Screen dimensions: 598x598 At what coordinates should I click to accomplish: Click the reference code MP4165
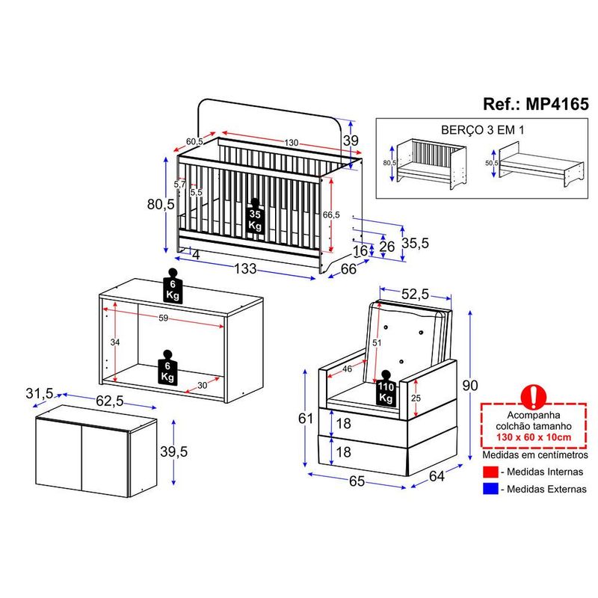coord(557,104)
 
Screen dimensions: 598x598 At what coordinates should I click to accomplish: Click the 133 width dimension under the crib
coord(245,268)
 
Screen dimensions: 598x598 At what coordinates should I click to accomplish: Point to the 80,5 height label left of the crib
coord(161,204)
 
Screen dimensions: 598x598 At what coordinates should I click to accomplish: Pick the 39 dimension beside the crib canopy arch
coord(351,141)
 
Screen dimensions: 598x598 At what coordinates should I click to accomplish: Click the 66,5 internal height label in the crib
coord(331,215)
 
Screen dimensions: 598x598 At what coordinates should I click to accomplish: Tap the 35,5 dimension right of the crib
coord(415,243)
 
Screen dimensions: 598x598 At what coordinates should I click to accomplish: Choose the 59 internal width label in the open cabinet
coord(163,318)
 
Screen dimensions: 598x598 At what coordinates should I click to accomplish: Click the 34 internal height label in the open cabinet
coord(115,342)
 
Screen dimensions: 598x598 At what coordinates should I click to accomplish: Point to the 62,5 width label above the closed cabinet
coord(109,401)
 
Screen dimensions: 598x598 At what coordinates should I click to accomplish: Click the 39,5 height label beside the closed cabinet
coord(174,451)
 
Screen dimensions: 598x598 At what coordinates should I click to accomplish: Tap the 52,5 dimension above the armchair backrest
coord(415,294)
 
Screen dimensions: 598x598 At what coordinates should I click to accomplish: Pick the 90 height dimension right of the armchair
coord(470,386)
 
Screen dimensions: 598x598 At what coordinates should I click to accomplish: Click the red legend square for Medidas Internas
coord(490,472)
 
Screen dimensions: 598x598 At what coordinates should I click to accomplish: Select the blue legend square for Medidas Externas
coord(490,489)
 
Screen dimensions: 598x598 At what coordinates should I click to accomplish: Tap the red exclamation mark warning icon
coord(534,396)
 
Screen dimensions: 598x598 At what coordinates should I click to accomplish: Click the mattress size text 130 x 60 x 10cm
coord(534,437)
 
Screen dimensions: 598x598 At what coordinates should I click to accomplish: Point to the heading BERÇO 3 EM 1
coord(482,130)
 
